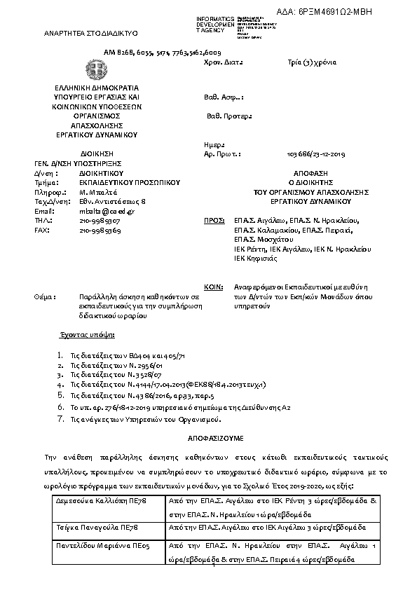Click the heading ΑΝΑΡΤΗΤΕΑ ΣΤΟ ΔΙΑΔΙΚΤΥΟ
91,33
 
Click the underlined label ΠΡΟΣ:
213,220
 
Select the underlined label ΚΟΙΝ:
213,287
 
